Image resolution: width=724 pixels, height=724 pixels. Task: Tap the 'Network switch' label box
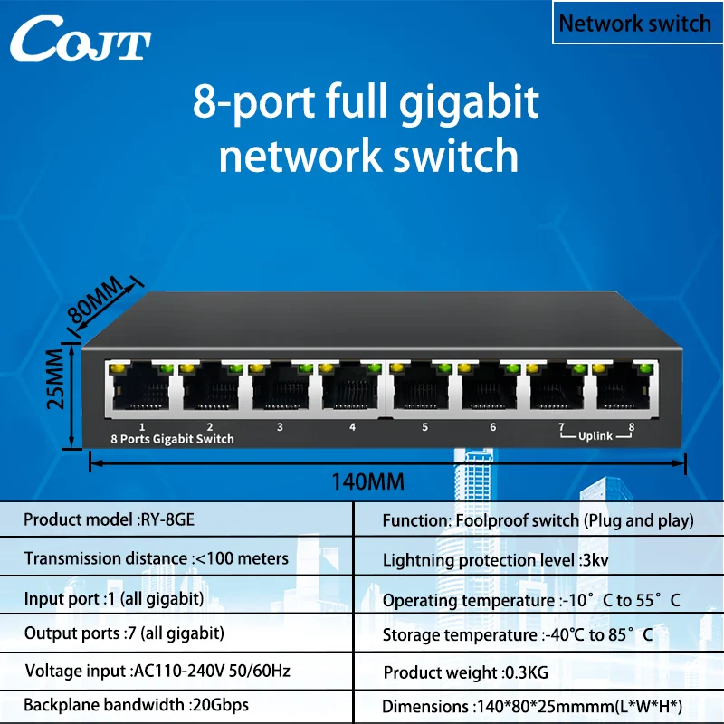pos(633,23)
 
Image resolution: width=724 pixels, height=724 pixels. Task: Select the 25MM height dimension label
pos(57,386)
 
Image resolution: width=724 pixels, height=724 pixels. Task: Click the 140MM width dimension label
pos(367,481)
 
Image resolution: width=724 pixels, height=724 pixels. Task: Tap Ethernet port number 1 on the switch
pos(140,387)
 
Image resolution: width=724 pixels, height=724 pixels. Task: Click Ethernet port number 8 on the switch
pos(627,387)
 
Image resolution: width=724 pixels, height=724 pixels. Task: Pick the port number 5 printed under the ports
pos(424,427)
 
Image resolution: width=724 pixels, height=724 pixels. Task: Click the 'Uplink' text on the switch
pos(595,436)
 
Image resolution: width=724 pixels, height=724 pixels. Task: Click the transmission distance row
pos(156,558)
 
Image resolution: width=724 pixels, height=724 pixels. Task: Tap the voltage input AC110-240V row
pos(157,671)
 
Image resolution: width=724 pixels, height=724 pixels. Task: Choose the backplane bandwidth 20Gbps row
pos(136,704)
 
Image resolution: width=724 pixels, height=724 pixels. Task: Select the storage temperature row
pos(517,635)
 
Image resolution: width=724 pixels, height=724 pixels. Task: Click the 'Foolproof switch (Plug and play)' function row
pos(538,520)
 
